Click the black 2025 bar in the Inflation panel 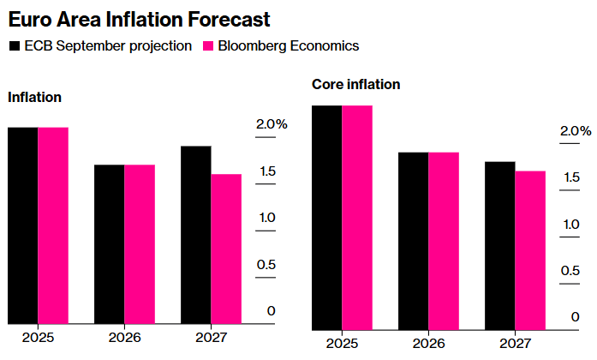[x=22, y=225]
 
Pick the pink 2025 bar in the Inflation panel [x=53, y=225]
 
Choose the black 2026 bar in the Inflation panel [x=109, y=244]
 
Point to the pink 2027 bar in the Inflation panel [x=226, y=249]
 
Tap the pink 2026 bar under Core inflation [x=444, y=241]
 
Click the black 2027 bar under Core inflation [x=499, y=245]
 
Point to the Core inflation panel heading [x=355, y=85]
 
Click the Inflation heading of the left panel [x=34, y=97]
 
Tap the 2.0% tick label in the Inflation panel [x=272, y=124]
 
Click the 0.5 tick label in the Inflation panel [x=266, y=264]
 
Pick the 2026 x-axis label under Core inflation [x=428, y=344]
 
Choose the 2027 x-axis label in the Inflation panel [x=211, y=337]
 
